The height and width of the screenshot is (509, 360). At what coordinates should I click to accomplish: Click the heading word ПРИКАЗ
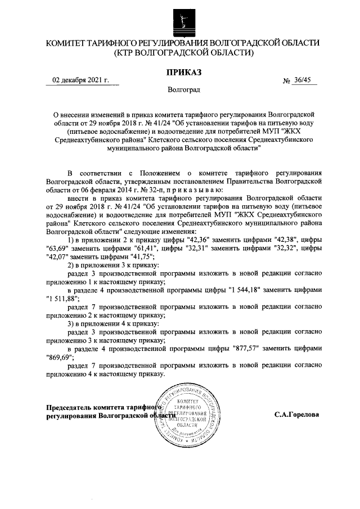pos(179,72)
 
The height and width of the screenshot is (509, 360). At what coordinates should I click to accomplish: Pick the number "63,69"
pos(57,249)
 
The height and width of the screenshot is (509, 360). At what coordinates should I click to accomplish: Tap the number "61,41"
pos(129,249)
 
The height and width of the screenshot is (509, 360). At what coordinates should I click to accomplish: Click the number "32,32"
pos(285,249)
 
